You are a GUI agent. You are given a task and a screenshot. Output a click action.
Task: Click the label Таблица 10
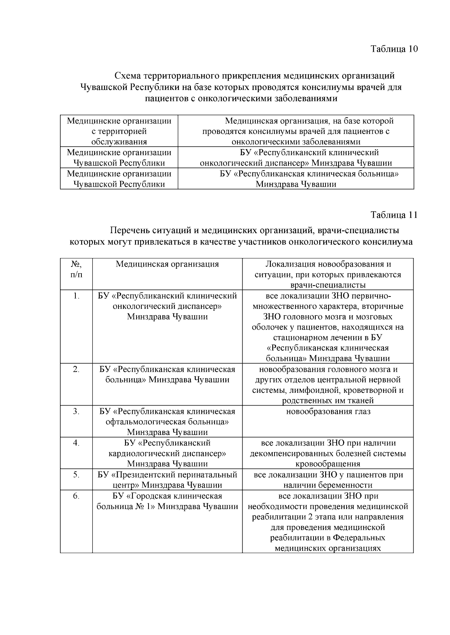pos(394,49)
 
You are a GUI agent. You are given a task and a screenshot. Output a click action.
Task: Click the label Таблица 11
pos(394,215)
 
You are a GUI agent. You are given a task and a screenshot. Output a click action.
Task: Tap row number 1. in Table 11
pos(76,296)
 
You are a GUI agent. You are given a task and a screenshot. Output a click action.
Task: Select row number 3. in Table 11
pos(76,412)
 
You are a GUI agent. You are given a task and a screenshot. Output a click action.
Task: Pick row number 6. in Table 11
pos(76,496)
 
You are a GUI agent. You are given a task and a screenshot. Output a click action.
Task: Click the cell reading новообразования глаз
pos(328,412)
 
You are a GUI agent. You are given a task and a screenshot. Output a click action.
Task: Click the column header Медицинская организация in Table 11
pos(167,264)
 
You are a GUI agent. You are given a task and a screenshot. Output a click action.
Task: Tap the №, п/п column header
pos(76,269)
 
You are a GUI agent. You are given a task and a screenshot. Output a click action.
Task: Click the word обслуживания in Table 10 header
pos(119,142)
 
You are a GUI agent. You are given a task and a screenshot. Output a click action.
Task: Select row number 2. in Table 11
pos(76,370)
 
